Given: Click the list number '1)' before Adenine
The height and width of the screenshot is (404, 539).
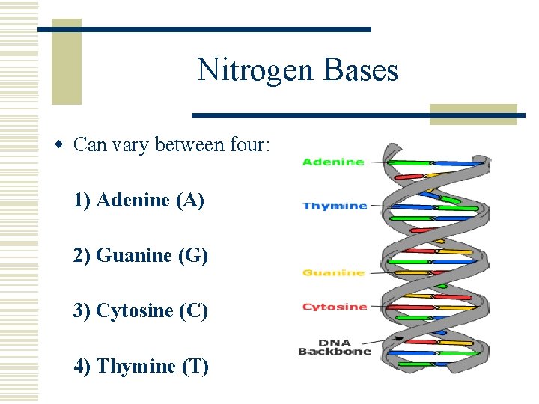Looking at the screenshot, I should (82, 200).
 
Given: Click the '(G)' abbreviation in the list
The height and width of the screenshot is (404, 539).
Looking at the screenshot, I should (193, 255).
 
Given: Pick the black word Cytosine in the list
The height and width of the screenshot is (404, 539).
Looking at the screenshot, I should (136, 310).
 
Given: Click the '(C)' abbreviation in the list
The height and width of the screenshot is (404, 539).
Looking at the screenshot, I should (193, 310).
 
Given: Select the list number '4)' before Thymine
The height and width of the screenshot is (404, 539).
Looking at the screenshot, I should (82, 366).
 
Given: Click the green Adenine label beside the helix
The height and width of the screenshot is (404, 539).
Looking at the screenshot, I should (333, 162).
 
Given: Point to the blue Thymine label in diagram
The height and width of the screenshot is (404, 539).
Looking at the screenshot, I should (335, 206).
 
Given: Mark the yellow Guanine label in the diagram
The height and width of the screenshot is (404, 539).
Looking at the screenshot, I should (333, 273).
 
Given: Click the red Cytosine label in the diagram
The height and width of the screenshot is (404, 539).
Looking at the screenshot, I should (335, 307).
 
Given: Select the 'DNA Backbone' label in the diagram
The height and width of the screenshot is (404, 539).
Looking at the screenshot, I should (335, 346).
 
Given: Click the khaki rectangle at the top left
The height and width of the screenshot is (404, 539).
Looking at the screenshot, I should (66, 61).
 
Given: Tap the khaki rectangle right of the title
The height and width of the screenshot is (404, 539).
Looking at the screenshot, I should (473, 114).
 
